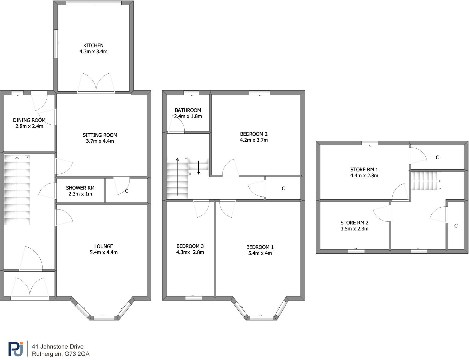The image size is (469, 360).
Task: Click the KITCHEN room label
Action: (93, 46)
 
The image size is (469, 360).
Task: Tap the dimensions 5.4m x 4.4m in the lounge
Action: (104, 253)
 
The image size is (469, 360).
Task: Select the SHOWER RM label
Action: (80, 188)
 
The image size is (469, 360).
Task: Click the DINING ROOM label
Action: (29, 120)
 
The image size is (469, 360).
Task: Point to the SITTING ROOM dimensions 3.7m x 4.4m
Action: (100, 141)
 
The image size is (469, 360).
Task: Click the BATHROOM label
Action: (188, 110)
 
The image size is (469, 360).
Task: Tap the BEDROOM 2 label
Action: (254, 134)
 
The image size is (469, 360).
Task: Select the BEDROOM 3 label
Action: (190, 246)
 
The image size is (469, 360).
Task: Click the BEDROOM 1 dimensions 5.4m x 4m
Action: (260, 253)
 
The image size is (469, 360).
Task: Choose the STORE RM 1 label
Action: (364, 170)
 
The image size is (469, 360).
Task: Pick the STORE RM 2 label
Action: (354, 223)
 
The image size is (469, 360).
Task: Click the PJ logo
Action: (16, 349)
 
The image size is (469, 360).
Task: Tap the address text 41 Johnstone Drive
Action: (58, 347)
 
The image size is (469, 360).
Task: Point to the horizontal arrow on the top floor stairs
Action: (427, 181)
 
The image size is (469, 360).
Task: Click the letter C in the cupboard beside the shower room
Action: (127, 191)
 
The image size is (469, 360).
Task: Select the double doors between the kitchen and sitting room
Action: (96, 83)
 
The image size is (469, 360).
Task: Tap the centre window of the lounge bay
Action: (104, 318)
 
